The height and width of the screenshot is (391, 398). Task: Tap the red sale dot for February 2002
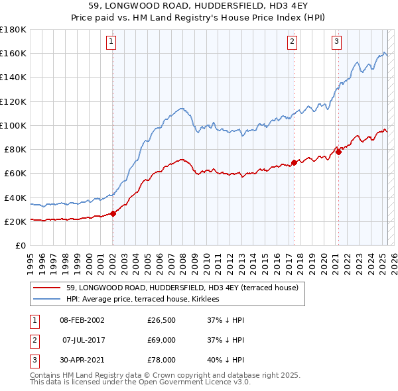(x=113, y=213)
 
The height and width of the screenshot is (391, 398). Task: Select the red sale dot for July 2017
(x=294, y=162)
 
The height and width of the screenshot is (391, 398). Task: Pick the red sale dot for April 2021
(x=338, y=151)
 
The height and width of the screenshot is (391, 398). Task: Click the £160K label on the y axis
(x=13, y=53)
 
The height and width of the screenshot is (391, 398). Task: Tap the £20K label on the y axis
(x=15, y=221)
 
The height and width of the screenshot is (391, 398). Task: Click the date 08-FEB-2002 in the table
(x=82, y=321)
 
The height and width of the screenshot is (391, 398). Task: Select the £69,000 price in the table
(x=161, y=340)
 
